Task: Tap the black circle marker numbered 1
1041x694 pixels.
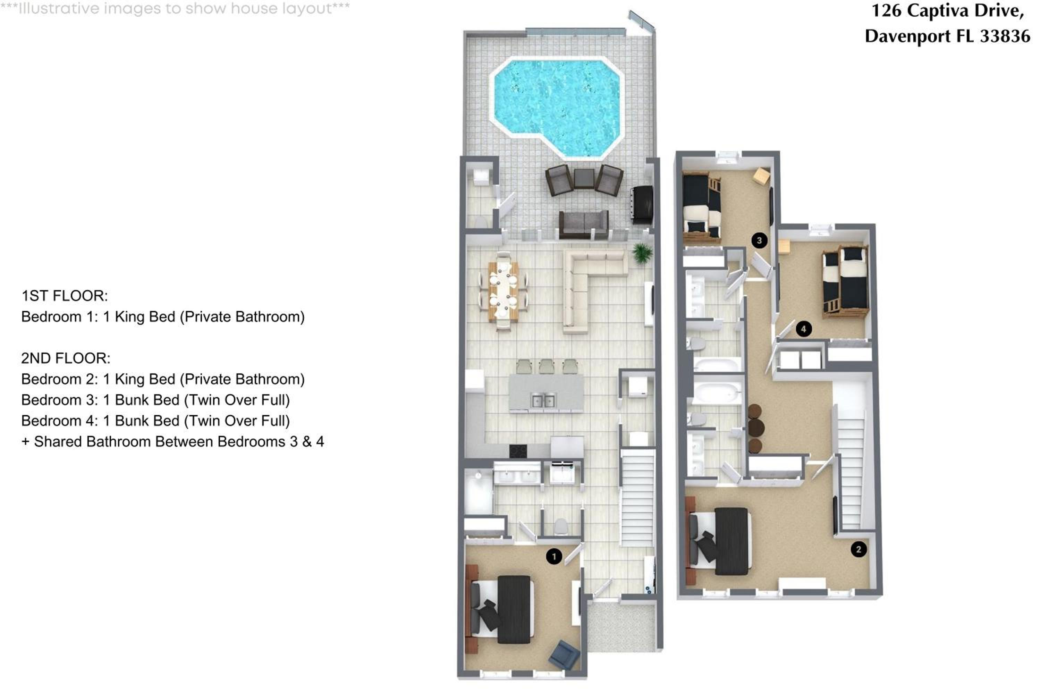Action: pos(554,556)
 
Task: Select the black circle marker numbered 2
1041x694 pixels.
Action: pos(858,549)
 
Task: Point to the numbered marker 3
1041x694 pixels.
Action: pos(760,240)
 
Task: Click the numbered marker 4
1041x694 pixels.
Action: pos(804,329)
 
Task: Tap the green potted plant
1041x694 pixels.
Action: pos(642,253)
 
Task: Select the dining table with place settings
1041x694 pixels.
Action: pos(503,291)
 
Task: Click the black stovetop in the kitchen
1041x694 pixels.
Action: pos(518,451)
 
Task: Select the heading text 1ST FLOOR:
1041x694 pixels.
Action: pos(65,296)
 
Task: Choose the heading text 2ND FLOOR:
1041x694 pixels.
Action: pos(66,358)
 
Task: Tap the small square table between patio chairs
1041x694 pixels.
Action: pos(584,178)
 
